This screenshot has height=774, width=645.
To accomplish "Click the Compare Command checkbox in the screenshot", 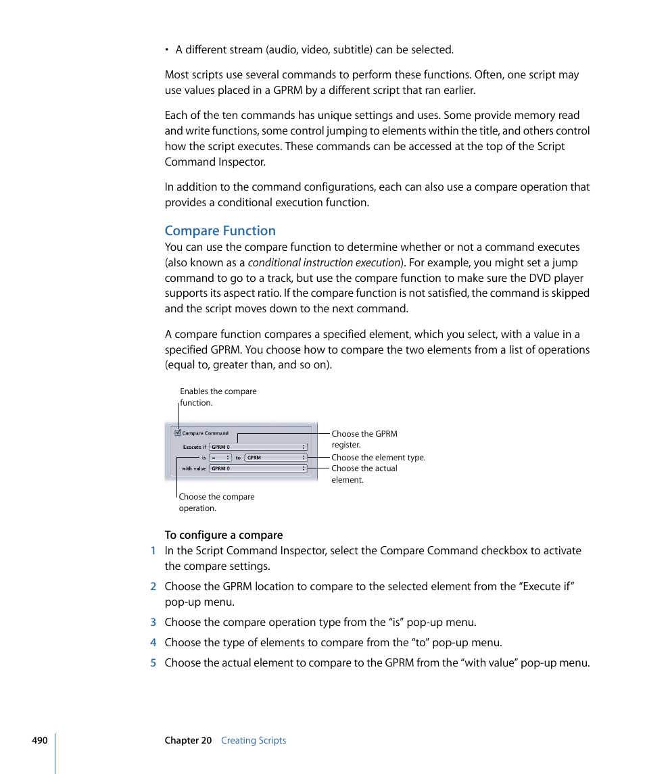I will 178,433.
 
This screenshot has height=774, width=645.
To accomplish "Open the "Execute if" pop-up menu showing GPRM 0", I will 258,447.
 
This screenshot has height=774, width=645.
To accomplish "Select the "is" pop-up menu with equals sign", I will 220,458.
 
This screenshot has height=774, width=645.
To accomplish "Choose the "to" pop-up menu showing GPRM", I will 276,458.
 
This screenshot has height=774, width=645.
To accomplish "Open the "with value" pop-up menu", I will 258,468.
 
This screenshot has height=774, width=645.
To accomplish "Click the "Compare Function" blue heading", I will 220,231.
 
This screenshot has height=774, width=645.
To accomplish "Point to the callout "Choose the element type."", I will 378,458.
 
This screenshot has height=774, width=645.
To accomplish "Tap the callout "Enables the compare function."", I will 218,397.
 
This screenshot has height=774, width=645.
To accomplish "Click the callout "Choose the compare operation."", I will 216,502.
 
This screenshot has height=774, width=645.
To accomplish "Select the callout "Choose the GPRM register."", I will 364,439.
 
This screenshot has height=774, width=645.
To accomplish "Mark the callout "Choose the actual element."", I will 364,474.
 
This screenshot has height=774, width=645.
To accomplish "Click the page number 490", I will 39,740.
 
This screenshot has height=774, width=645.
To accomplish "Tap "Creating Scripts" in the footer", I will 254,740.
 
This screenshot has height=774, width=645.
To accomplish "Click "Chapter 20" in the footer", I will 188,740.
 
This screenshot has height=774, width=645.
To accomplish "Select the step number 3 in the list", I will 153,623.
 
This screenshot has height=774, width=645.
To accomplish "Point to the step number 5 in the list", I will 153,663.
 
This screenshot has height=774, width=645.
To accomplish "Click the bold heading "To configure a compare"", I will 223,535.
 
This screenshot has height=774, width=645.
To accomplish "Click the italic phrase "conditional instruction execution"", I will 323,263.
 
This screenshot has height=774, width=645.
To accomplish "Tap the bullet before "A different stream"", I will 168,50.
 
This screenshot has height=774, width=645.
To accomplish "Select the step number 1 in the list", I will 153,551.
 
